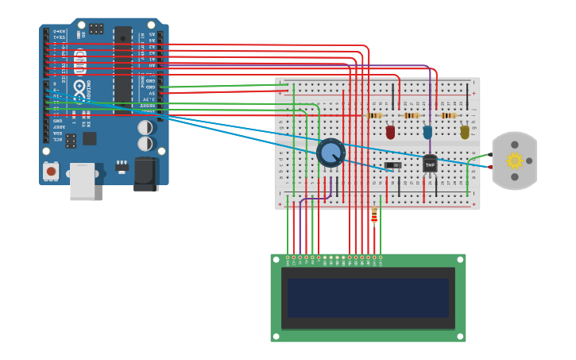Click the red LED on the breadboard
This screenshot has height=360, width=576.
coord(390,132)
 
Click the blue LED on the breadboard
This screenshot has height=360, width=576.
coord(427,132)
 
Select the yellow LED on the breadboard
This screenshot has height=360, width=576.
coord(465,132)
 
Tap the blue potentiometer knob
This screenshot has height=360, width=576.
coord(331,153)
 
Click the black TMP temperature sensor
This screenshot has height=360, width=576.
coord(430,164)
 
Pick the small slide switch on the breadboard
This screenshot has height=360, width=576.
coord(392,165)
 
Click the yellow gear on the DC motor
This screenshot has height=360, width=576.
coord(514,161)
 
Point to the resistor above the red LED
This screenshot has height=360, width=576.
coord(374,115)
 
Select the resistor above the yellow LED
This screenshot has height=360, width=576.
coord(449,115)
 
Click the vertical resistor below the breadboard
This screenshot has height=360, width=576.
coord(374,215)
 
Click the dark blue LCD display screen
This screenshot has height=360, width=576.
coord(368,297)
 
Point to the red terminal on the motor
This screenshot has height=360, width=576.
coord(489,167)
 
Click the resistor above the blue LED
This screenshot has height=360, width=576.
coord(412,115)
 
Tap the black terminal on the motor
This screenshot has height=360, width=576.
coord(489,155)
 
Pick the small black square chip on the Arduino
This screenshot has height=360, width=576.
coord(90,138)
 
